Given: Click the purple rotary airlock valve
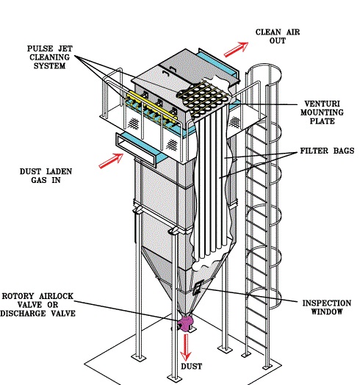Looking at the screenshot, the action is coord(185,323).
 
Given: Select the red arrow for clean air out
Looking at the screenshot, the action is coord(236,49).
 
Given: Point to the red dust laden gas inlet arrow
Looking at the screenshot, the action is coord(111,161).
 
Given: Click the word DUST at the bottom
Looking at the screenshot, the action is coord(192,367).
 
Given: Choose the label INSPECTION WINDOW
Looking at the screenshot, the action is coord(327,307).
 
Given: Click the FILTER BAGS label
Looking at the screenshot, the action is coord(328,151).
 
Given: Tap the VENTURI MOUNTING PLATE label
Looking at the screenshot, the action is coord(322,112).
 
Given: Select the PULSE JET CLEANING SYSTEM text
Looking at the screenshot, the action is coord(50,57).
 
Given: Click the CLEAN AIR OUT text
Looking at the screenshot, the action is coord(278,36).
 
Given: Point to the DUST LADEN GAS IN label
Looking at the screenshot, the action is coord(46,176).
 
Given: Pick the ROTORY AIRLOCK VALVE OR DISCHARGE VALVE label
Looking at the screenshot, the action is coord(37,305).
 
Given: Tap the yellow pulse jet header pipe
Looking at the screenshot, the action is coord(152,106).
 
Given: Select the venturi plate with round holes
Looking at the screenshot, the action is coord(204,98).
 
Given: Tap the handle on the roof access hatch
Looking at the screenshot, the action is coord(166,73).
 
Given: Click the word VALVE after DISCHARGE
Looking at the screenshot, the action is coord(63,313).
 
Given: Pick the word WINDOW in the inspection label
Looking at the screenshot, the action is coord(327,312).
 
